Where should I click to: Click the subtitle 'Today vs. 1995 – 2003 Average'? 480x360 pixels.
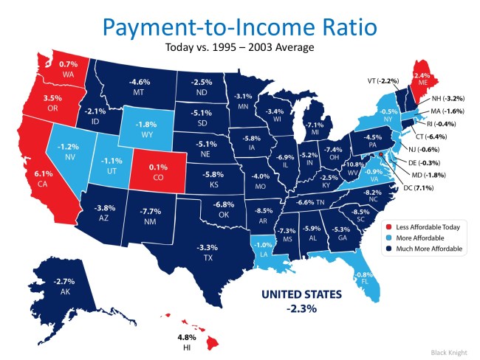click(x=239, y=49)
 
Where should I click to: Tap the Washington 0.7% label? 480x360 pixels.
click(x=69, y=69)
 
